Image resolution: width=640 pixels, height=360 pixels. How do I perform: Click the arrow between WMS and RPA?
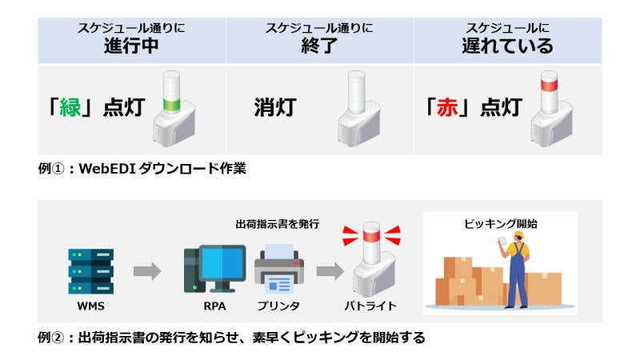[147, 272]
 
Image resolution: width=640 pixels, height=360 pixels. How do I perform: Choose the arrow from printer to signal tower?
[328, 272]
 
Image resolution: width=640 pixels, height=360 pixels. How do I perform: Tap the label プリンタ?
[278, 306]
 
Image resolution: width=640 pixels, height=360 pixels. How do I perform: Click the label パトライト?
[370, 306]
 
